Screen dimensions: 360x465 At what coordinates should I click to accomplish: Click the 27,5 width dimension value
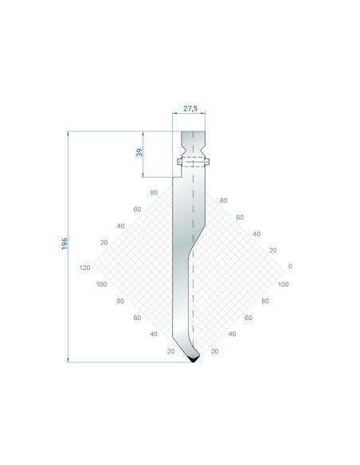(190, 108)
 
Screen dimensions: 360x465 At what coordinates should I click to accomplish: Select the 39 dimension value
(139, 152)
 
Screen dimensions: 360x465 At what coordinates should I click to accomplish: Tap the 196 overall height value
(65, 244)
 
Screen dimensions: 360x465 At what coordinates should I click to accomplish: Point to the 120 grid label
(84, 268)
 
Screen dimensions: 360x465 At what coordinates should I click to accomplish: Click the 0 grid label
(290, 266)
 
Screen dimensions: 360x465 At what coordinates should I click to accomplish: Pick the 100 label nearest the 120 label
(101, 284)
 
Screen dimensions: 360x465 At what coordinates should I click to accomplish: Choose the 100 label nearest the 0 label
(284, 284)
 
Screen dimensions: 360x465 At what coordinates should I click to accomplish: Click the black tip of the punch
(194, 359)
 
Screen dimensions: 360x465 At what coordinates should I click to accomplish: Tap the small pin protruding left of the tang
(179, 162)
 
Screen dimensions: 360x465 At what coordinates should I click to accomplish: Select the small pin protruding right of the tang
(207, 162)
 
